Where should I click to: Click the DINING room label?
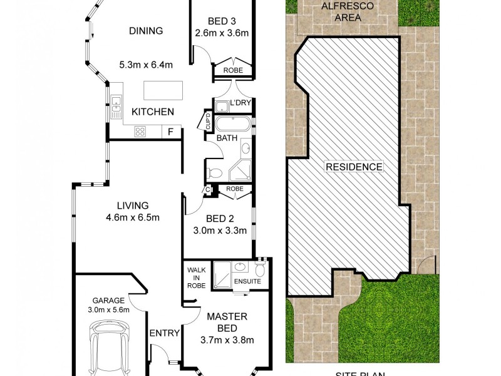coord(145,31)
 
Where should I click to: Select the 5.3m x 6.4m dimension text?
coord(145,64)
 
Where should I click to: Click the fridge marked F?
coord(171,132)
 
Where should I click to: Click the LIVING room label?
coord(132,206)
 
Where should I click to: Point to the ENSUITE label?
coord(247,281)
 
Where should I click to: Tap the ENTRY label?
coord(164,333)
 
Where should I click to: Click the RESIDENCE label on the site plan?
coord(353,167)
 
